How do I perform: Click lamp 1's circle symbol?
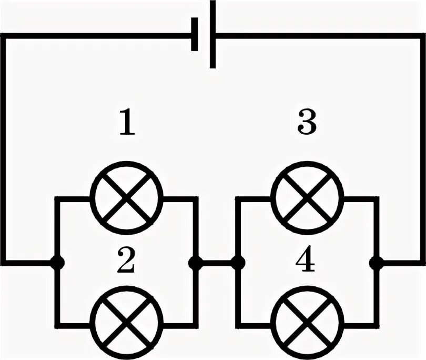[x=127, y=198]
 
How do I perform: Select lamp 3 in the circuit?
[x=307, y=198]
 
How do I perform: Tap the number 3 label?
[x=307, y=123]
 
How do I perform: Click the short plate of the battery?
[x=195, y=34]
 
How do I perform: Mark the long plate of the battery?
[x=212, y=34]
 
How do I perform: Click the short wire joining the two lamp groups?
[x=216, y=262]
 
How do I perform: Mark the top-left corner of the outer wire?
[x=4, y=36]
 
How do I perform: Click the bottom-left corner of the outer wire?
[x=4, y=262]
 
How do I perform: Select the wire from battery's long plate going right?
[x=316, y=36]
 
